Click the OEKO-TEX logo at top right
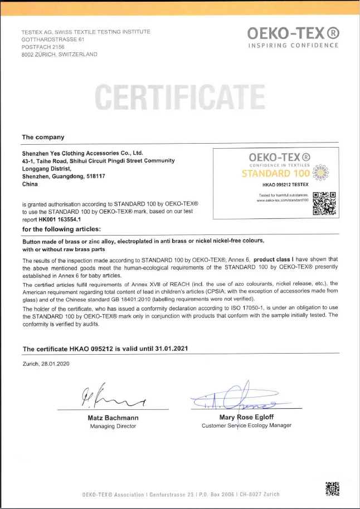click(x=293, y=37)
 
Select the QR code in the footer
click(x=332, y=488)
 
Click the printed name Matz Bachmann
click(x=113, y=418)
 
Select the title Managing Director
click(x=113, y=426)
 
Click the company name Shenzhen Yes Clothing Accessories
click(x=82, y=152)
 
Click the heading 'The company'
click(x=43, y=137)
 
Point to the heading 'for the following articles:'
click(x=61, y=229)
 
